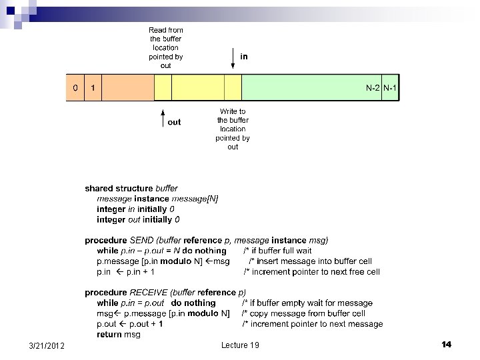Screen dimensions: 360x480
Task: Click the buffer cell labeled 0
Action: pos(75,88)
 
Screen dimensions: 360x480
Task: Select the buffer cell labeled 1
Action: pos(93,88)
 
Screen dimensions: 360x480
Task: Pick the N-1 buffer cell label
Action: pos(390,88)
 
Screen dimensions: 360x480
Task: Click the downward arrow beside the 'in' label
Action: pos(233,58)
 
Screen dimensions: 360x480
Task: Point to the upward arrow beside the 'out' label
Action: pos(163,119)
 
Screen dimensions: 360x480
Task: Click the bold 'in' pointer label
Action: pos(244,57)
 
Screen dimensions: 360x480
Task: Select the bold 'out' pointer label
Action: pos(174,122)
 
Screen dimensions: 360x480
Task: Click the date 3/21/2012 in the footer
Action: pos(47,345)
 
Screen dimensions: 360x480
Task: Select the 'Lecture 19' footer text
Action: pos(240,345)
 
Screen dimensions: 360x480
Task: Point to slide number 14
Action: pos(447,344)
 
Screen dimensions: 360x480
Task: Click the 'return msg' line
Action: pos(119,334)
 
